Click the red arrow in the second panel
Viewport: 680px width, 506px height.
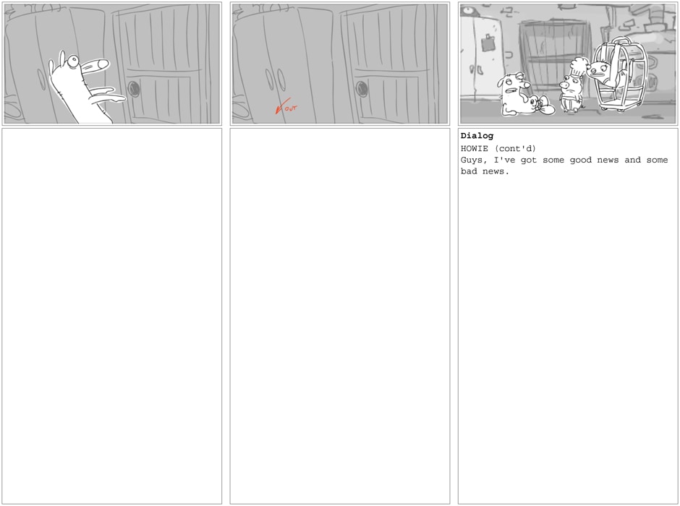[x=282, y=106]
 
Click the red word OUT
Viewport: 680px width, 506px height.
[x=292, y=108]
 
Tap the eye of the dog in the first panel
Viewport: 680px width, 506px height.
[x=73, y=61]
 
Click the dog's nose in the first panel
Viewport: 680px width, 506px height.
[x=102, y=64]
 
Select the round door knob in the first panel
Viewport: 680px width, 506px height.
[x=134, y=89]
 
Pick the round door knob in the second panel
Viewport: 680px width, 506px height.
[x=362, y=89]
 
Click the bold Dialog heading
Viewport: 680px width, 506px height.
[x=477, y=136]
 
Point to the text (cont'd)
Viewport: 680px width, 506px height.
[x=515, y=149]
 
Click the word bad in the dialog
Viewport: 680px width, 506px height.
[x=469, y=171]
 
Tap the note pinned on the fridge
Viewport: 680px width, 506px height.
[x=490, y=43]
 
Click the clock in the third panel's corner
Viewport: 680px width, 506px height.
[x=466, y=11]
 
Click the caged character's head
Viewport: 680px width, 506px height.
[x=598, y=69]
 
